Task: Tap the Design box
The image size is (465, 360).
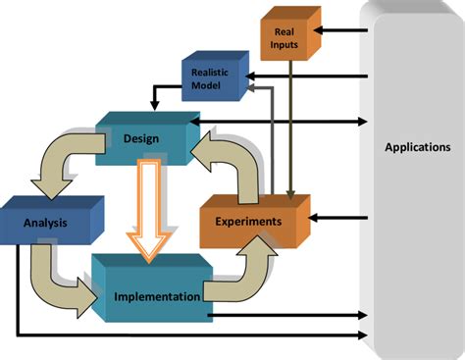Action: [x=141, y=138]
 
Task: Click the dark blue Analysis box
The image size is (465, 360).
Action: [x=45, y=222]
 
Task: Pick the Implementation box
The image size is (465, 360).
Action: [x=157, y=294]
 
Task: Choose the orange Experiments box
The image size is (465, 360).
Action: [x=248, y=222]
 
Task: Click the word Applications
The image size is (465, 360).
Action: [x=418, y=147]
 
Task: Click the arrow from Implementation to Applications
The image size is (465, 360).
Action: [x=294, y=316]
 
